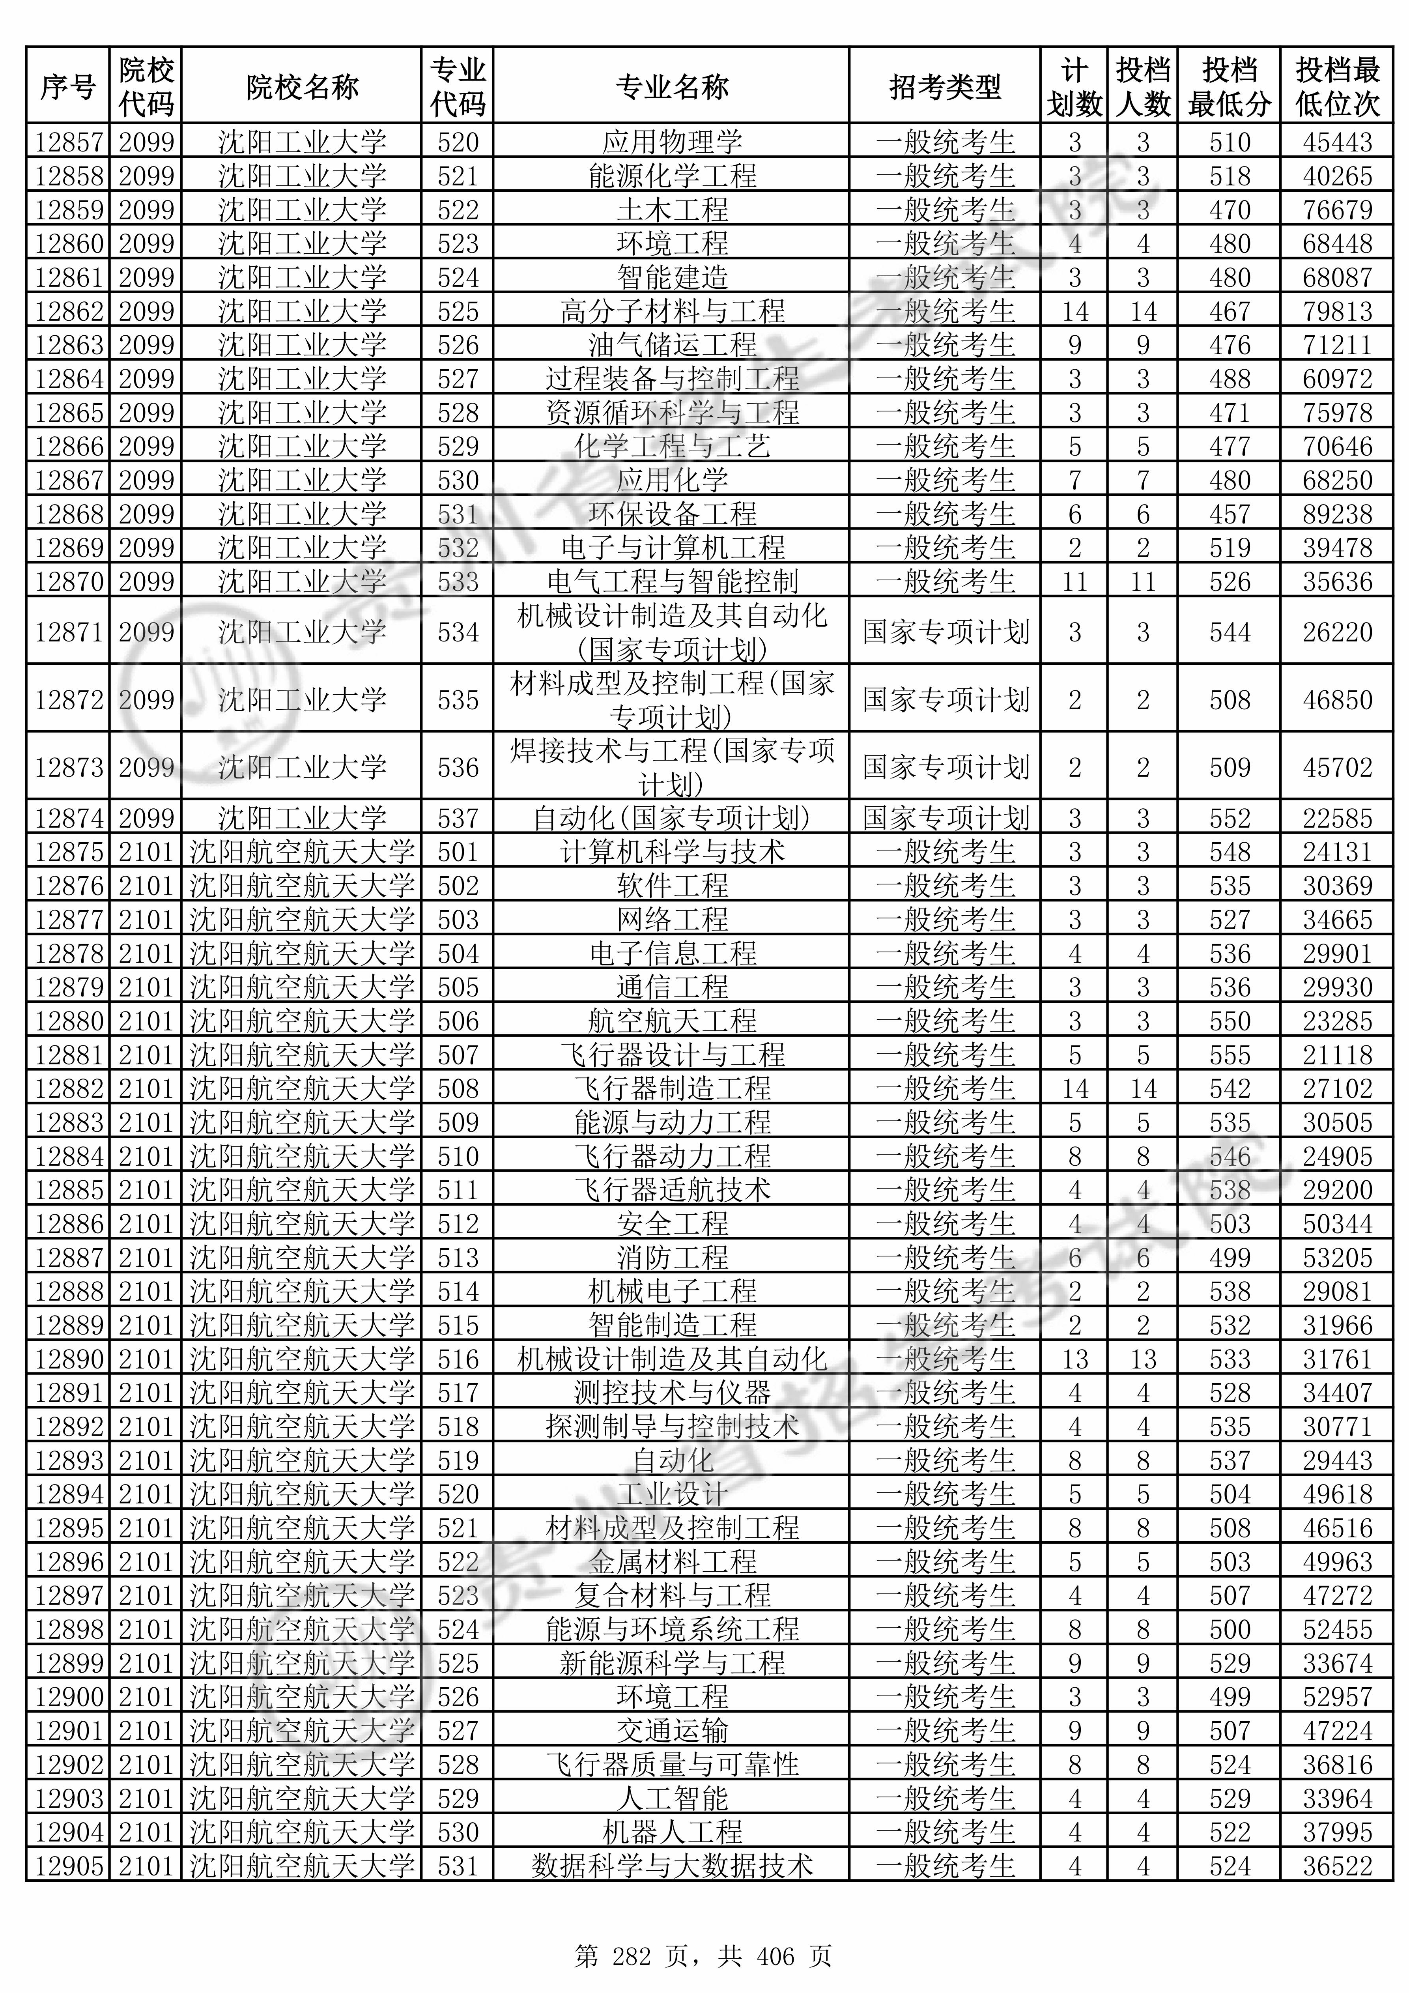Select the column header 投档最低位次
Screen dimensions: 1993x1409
(1337, 87)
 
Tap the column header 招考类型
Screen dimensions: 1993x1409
(945, 87)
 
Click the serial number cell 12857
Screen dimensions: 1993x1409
(69, 142)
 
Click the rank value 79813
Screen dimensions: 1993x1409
(1337, 311)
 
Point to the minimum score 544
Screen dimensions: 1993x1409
(1229, 632)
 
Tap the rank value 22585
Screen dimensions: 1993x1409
(1337, 818)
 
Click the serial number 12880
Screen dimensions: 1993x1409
(69, 1021)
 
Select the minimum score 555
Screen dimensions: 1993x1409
(1229, 1054)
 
